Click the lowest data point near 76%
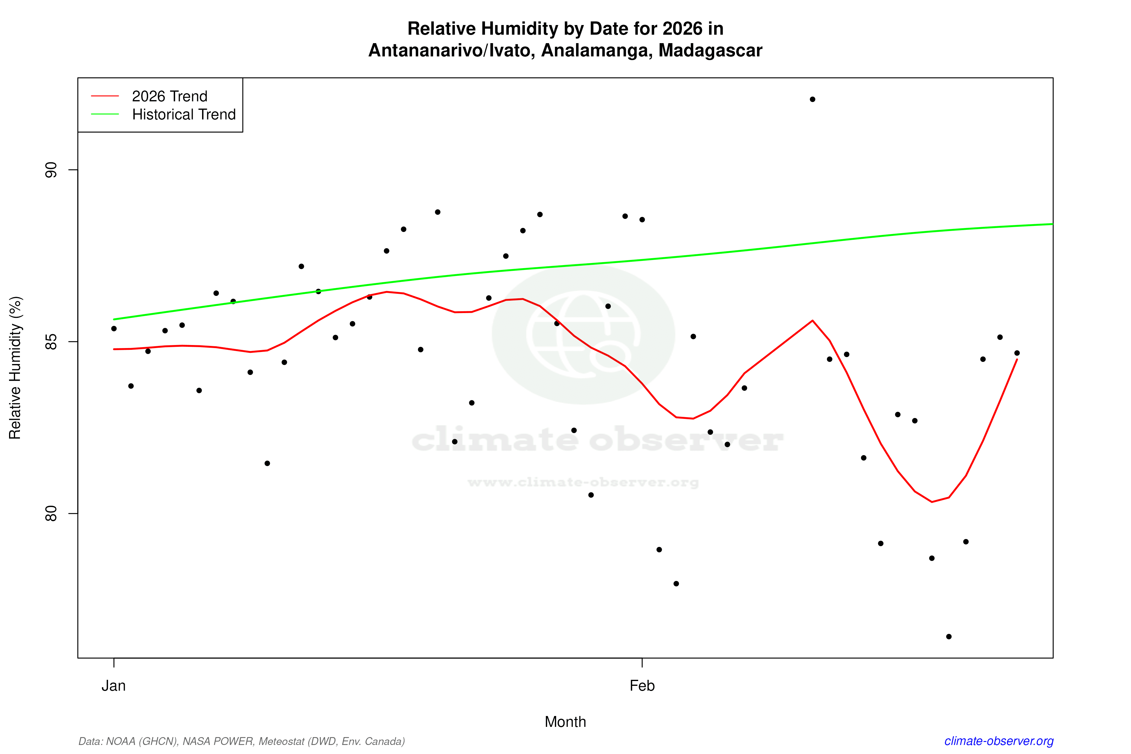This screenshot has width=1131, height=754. pyautogui.click(x=949, y=637)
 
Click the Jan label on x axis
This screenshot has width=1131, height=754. pyautogui.click(x=113, y=686)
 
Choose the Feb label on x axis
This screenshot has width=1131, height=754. pyautogui.click(x=642, y=686)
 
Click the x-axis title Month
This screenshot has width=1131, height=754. pyautogui.click(x=565, y=722)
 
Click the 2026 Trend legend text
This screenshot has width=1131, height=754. pyautogui.click(x=169, y=96)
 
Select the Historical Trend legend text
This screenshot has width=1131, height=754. pyautogui.click(x=184, y=114)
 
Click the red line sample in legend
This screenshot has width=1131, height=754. pyautogui.click(x=105, y=96)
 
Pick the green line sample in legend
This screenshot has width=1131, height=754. pyautogui.click(x=105, y=114)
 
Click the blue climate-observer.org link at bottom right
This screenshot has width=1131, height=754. pyautogui.click(x=999, y=741)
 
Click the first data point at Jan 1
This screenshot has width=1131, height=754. pyautogui.click(x=114, y=328)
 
